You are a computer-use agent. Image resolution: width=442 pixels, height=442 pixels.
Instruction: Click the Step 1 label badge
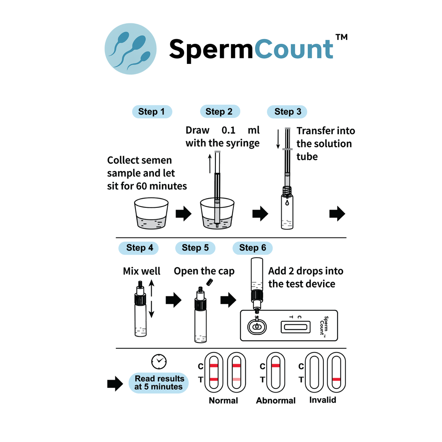[x=152, y=112]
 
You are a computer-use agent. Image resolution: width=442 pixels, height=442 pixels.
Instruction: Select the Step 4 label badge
[x=139, y=248]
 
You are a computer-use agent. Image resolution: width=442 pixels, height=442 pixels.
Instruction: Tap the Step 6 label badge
[x=252, y=248]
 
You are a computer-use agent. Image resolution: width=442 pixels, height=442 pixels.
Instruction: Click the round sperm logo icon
[x=131, y=49]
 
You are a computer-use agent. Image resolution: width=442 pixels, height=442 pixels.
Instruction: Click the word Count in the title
[x=294, y=49]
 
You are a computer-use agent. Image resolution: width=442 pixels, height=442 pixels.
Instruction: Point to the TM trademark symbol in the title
[x=341, y=37]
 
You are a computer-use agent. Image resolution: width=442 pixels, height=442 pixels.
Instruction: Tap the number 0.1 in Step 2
[x=228, y=130]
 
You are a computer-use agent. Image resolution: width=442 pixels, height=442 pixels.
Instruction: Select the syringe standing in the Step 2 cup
[x=217, y=189]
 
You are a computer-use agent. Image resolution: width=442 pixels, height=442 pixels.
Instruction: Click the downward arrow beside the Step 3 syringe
[x=278, y=139]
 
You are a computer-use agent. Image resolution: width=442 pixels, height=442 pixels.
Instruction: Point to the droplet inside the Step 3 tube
[x=287, y=203]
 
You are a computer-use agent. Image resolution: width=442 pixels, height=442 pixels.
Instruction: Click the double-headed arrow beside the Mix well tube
[x=151, y=299]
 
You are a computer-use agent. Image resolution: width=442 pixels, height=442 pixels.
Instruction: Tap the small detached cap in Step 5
[x=209, y=282]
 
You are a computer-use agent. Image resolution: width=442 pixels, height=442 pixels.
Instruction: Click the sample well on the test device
[x=257, y=327]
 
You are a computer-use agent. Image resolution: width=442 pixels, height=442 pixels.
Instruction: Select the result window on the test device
[x=295, y=327]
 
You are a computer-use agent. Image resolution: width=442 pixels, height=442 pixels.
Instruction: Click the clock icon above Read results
[x=159, y=361]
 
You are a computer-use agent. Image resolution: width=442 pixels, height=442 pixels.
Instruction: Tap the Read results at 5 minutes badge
[x=159, y=383]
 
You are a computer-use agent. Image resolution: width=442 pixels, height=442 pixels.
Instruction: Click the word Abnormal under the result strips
[x=276, y=401]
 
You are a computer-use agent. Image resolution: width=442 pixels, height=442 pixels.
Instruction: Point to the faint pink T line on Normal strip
[x=236, y=379]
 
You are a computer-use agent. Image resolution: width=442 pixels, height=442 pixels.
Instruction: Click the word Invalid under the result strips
[x=323, y=400]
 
